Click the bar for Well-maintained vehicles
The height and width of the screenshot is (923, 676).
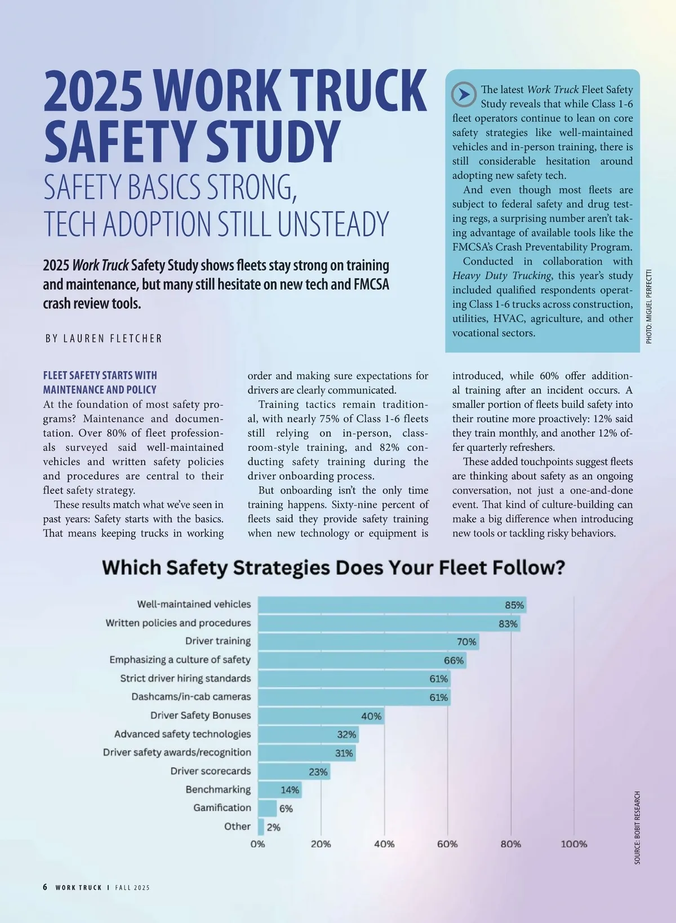coord(392,605)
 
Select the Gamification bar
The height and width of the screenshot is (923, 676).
coord(268,808)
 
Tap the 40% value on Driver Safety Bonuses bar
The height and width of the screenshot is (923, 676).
coord(371,716)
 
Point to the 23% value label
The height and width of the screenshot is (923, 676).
coord(318,772)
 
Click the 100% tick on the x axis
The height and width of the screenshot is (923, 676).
coord(573,844)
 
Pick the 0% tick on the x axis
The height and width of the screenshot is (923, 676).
coord(258,844)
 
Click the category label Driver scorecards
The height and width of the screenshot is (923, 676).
coord(211,771)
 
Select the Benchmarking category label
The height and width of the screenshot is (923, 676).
coord(218,789)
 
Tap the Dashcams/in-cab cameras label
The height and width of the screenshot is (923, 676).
coord(191,696)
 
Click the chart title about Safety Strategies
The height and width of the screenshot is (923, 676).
coord(333,567)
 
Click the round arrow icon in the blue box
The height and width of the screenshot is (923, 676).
coord(464,95)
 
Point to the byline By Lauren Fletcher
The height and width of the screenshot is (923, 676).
coord(104,339)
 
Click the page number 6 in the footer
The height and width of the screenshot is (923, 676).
coord(45,887)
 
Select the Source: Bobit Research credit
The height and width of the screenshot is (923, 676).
coord(637,828)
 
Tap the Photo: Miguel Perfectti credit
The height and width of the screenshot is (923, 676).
coord(649,307)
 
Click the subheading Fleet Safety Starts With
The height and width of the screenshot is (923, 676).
coord(100,375)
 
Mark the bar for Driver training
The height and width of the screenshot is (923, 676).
coord(368,642)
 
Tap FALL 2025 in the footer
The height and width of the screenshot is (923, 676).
coord(132,887)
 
